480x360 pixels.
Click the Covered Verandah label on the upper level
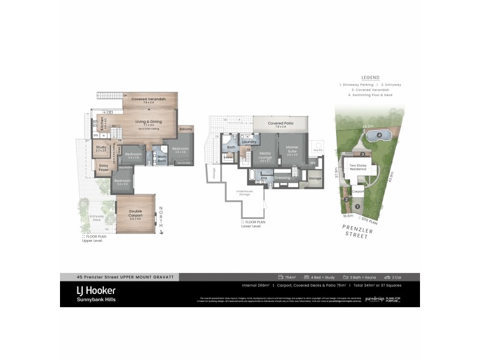pos(148,99)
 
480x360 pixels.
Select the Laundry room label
pos(249,142)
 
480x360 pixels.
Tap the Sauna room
pos(228,157)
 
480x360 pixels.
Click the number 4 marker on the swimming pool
pos(380,135)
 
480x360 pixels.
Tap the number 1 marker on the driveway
pos(358,206)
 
